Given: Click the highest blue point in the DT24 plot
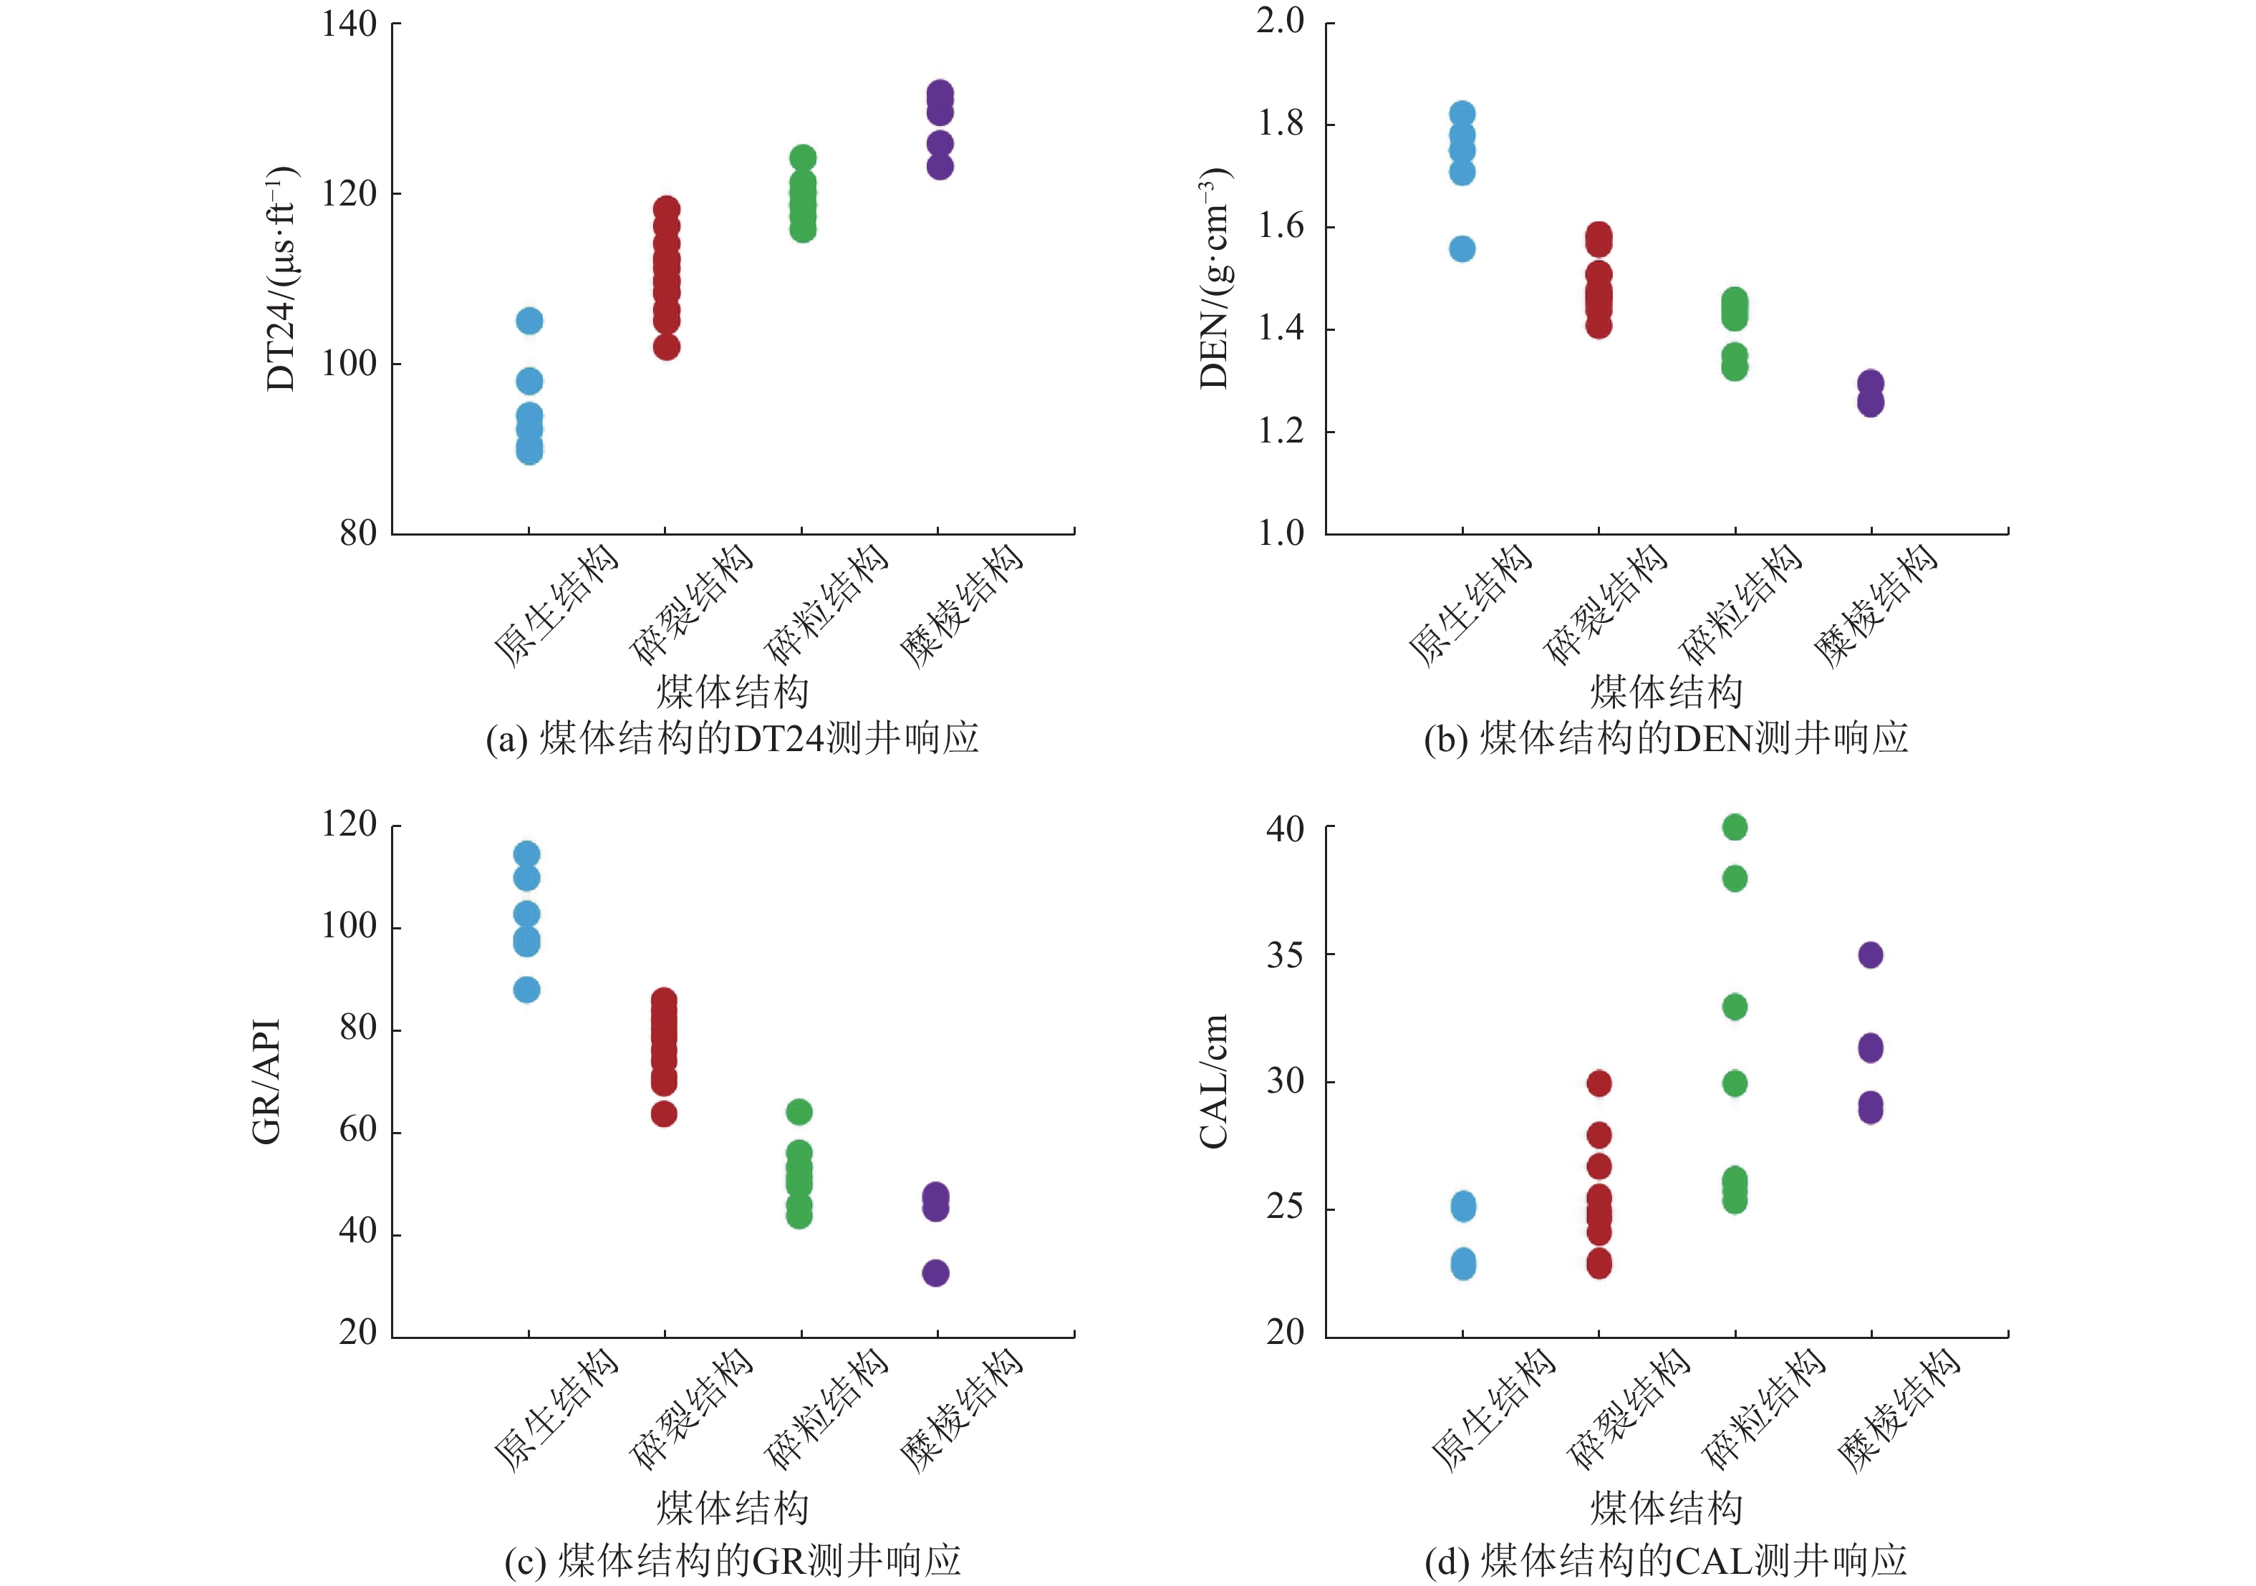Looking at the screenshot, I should [529, 320].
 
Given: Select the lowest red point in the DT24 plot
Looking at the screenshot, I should [666, 347].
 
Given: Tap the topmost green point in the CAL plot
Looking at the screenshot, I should [1735, 828].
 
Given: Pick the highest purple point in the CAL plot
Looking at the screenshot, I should [1871, 955].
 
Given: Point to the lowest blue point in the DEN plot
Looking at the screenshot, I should [1462, 248].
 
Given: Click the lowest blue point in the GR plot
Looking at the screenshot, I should [526, 990].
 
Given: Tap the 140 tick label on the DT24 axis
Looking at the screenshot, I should [350, 24].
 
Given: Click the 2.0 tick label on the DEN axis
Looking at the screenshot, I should [1281, 21].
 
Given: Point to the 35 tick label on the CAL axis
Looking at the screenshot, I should [1286, 955].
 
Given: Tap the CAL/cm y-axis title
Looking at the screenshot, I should [1215, 1081].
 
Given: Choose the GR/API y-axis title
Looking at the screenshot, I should [266, 1081].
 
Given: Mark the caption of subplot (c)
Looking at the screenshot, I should [733, 1560].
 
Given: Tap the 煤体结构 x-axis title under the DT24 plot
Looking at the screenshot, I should [733, 692].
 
